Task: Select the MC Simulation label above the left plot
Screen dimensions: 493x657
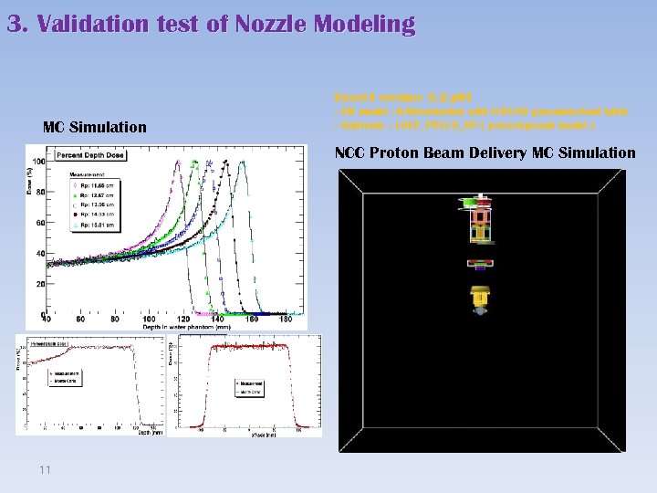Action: click(x=95, y=127)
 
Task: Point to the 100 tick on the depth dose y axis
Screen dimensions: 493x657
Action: click(x=38, y=163)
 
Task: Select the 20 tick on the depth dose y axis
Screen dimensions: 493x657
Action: click(x=40, y=285)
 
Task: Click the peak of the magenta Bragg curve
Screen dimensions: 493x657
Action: click(x=176, y=165)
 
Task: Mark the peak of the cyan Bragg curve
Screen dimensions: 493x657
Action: click(x=242, y=163)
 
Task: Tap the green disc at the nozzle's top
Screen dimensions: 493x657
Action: click(x=472, y=200)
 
